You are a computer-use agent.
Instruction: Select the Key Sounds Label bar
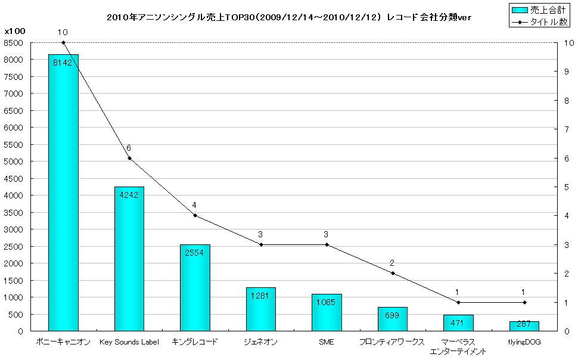[x=129, y=259]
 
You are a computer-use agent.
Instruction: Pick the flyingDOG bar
[x=524, y=326]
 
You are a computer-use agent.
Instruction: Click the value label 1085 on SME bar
[x=327, y=302]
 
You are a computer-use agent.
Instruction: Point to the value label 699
[x=392, y=315]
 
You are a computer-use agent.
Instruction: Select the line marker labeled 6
[x=129, y=158]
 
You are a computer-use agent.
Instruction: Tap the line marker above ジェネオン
[x=260, y=244]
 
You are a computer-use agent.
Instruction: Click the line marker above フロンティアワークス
[x=392, y=273]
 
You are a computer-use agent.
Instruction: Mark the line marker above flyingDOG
[x=524, y=302]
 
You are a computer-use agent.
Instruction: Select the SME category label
[x=327, y=342]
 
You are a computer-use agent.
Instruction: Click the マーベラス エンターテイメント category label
[x=458, y=347]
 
